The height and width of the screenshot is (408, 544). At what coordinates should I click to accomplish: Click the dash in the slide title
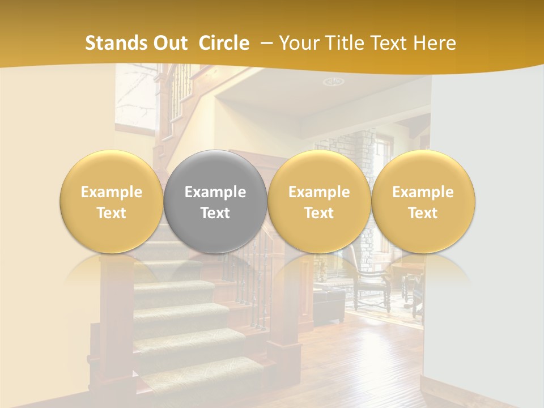266,43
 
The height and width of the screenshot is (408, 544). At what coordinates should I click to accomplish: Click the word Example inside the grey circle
215,192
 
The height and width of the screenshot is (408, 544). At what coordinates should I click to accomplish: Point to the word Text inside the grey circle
215,213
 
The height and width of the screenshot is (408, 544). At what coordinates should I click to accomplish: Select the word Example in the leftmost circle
112,192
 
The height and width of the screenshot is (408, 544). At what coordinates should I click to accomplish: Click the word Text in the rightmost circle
423,213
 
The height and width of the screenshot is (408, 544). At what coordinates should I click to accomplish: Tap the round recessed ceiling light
333,82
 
